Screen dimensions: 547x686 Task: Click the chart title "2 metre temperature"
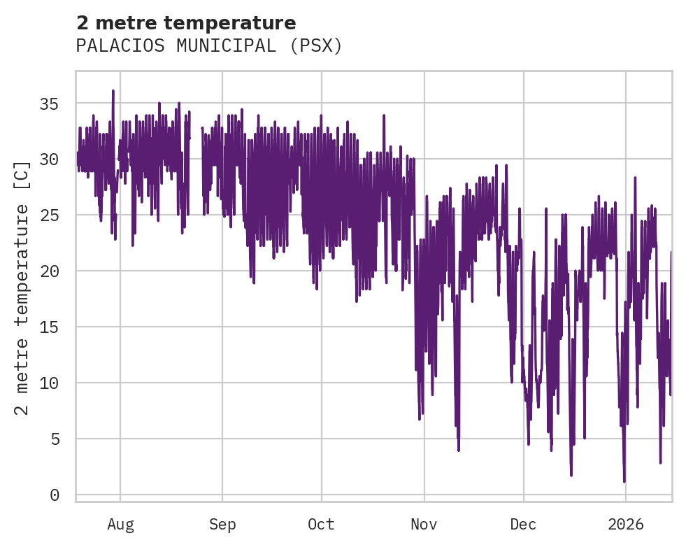pos(186,23)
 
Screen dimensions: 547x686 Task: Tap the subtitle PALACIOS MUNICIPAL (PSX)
pos(209,46)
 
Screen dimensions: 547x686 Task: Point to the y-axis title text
pos(22,287)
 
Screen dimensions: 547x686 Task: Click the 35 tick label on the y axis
pos(48,104)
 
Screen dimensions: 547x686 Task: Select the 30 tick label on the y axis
pos(48,159)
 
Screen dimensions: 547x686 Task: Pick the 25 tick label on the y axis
pos(48,215)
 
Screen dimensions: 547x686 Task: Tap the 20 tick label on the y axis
pos(48,271)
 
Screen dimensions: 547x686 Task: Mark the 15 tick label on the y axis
pos(48,327)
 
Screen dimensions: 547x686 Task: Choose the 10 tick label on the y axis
pos(48,383)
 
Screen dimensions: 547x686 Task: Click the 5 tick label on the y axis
pos(53,439)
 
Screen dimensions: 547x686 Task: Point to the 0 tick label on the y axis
pos(53,495)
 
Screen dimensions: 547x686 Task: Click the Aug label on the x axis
pos(120,525)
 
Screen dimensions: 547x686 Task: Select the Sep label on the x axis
pos(222,525)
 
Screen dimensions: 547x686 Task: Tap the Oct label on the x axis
pos(322,525)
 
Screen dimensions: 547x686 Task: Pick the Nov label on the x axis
pos(424,525)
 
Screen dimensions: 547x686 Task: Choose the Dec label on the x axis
pos(523,525)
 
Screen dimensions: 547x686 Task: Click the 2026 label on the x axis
pos(625,525)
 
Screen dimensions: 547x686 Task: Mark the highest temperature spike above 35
pos(113,91)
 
